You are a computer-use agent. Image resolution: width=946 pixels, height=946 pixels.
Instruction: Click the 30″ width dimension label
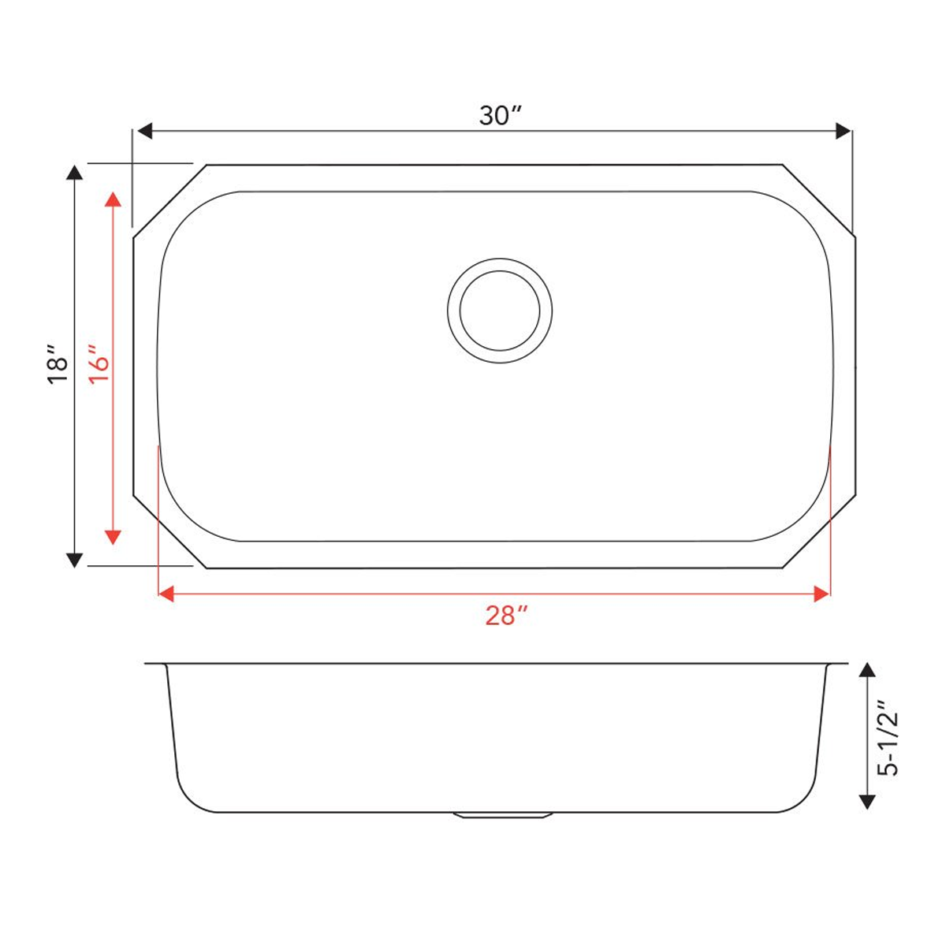(x=501, y=116)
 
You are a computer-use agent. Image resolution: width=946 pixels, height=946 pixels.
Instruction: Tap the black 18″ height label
(x=58, y=364)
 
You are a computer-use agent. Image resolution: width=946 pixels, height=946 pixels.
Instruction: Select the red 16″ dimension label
(x=99, y=364)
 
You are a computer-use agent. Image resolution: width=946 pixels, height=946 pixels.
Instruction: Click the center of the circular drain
(x=500, y=311)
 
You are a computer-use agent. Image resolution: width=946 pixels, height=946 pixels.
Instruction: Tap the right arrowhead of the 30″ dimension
(x=843, y=131)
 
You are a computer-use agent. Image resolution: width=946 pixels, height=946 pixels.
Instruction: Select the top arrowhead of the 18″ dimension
(x=74, y=173)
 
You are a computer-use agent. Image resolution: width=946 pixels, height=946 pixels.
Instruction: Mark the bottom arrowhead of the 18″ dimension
(x=74, y=560)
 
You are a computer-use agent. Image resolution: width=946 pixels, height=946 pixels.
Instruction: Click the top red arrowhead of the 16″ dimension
(x=113, y=199)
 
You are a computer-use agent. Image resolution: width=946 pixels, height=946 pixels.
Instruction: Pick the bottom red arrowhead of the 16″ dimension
(x=113, y=536)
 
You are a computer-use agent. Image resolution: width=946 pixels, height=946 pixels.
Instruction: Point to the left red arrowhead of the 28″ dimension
(x=166, y=594)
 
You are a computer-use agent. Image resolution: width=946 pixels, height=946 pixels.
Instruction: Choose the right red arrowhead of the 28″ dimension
(x=822, y=594)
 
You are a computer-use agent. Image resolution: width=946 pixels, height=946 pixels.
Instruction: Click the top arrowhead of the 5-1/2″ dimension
(x=866, y=671)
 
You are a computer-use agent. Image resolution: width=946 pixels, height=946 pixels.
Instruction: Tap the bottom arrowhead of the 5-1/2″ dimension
(x=866, y=802)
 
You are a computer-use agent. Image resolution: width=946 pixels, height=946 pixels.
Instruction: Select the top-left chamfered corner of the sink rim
(x=169, y=200)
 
